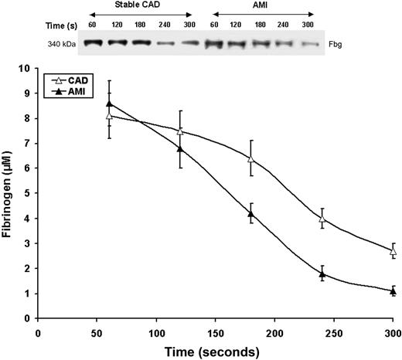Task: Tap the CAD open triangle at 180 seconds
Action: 250,158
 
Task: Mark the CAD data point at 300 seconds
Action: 393,251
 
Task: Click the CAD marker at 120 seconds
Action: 180,131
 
